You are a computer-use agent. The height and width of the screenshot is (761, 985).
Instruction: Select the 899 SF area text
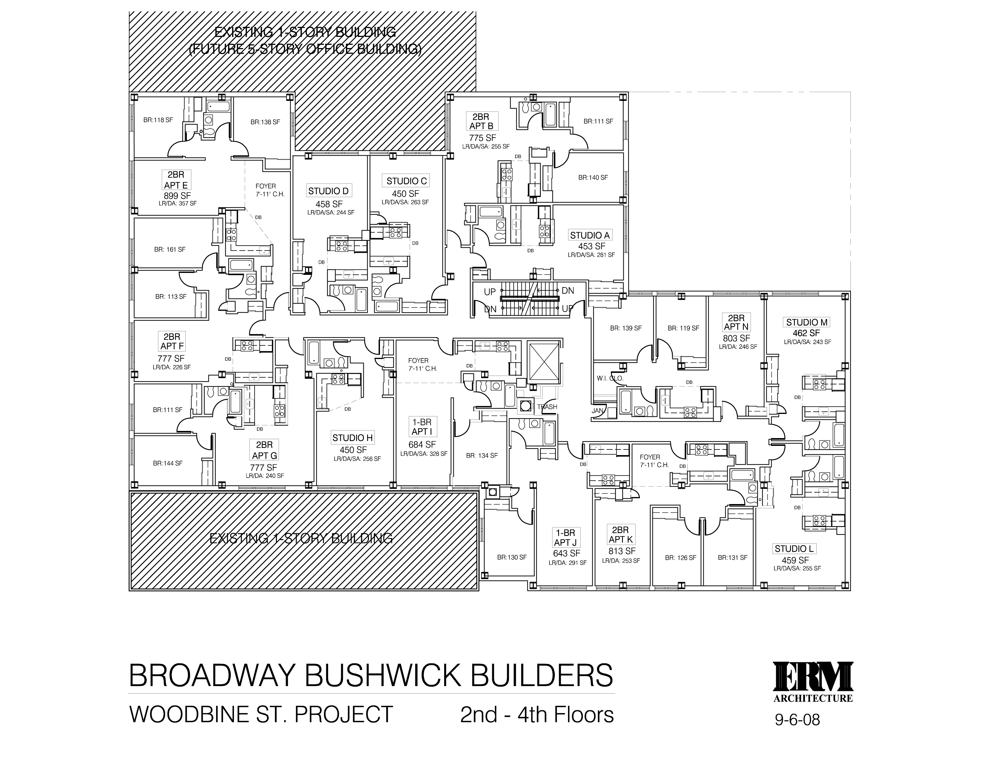pyautogui.click(x=177, y=196)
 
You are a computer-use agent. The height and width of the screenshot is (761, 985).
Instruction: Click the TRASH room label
pyautogui.click(x=547, y=407)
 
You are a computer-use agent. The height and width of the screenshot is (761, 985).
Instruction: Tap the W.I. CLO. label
pyautogui.click(x=610, y=378)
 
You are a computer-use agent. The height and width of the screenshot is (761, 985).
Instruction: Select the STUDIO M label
pyautogui.click(x=807, y=322)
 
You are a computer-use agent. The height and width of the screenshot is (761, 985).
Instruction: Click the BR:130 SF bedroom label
pyautogui.click(x=512, y=557)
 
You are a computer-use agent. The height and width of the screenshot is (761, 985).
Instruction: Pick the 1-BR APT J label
pyautogui.click(x=565, y=537)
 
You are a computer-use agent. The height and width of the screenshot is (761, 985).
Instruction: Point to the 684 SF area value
pyautogui.click(x=422, y=445)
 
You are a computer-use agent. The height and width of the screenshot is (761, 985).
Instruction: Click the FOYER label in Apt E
pyautogui.click(x=266, y=186)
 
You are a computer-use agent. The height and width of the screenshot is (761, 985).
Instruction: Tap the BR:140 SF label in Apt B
pyautogui.click(x=593, y=178)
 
